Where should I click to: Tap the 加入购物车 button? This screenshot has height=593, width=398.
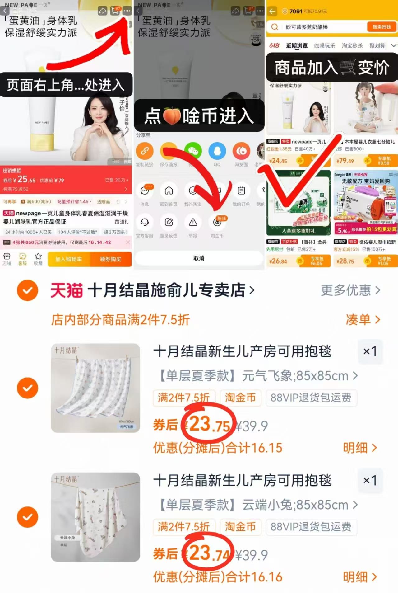(x=68, y=259)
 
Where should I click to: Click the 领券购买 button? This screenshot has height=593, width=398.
(x=110, y=259)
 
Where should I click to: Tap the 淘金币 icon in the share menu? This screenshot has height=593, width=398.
(x=217, y=223)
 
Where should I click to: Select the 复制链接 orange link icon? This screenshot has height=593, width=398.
(x=145, y=151)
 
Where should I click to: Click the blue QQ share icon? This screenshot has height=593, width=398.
(x=217, y=151)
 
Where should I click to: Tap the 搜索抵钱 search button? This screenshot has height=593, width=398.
(x=382, y=27)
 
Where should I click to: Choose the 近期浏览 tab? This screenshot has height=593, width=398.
(x=297, y=46)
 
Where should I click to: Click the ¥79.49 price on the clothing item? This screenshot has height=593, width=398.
(x=345, y=161)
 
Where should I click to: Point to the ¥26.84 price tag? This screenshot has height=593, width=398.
(x=278, y=261)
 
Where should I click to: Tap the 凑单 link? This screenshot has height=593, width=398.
(x=363, y=320)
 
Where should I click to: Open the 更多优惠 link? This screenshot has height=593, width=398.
(x=350, y=290)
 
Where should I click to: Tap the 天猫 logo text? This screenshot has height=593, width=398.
(x=67, y=290)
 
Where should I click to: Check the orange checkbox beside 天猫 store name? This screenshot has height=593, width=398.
(x=28, y=290)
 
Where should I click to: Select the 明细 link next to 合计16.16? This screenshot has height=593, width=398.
(x=359, y=577)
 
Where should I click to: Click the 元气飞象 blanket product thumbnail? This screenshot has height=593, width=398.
(x=95, y=388)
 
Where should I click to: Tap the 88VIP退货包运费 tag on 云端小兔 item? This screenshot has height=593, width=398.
(x=311, y=527)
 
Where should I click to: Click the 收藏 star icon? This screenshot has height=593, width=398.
(x=38, y=259)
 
